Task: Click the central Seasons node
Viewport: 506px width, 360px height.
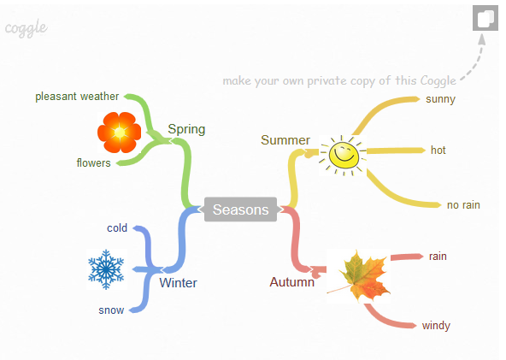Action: click(240, 210)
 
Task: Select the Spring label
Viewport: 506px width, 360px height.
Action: click(186, 129)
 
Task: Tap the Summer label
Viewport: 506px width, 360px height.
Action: click(285, 140)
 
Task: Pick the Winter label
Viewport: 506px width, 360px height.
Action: click(178, 283)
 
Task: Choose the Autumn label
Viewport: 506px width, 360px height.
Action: click(292, 282)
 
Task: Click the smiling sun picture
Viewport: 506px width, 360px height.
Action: click(343, 156)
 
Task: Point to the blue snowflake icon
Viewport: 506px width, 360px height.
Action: click(106, 269)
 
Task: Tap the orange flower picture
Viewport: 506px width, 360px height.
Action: click(119, 133)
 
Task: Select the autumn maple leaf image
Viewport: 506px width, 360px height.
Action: click(359, 276)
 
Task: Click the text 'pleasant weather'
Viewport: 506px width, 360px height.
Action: click(77, 97)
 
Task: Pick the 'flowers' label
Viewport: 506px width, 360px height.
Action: click(93, 162)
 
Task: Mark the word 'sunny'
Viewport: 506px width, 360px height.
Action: click(440, 99)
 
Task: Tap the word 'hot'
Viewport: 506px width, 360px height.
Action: click(438, 150)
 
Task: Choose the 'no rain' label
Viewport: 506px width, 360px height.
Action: click(463, 205)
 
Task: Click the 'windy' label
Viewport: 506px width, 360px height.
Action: click(436, 326)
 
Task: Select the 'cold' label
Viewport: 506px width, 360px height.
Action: click(117, 228)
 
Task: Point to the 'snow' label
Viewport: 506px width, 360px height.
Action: click(111, 310)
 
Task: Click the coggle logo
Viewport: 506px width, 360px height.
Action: click(26, 28)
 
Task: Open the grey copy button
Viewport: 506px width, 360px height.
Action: click(485, 18)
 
